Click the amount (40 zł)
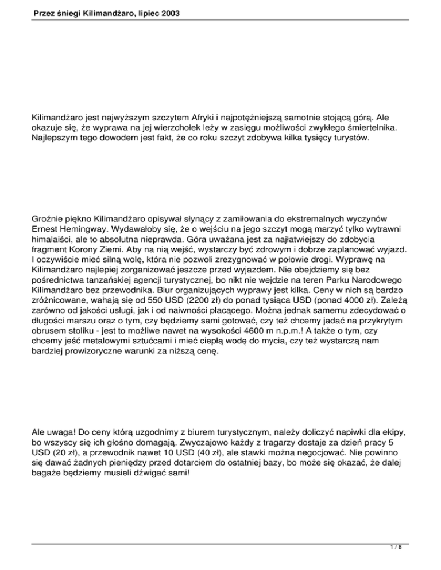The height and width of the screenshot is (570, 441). click(214, 458)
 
